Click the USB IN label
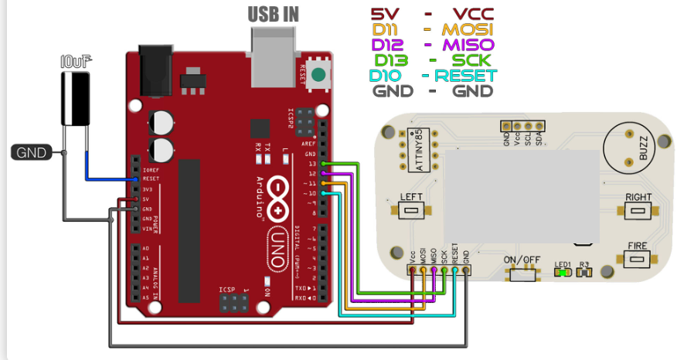pos(273,14)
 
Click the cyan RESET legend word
pos(467,76)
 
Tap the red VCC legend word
pos(473,14)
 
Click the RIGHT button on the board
pos(639,210)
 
